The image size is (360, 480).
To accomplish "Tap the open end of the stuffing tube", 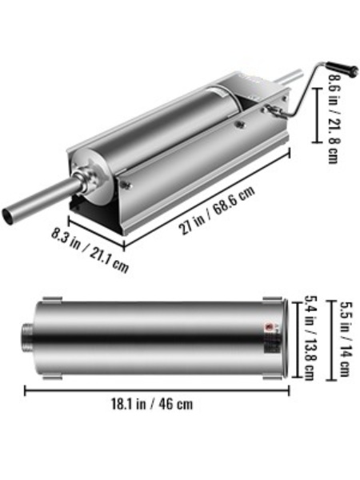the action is click(x=8, y=216).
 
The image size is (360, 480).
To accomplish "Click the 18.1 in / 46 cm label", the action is click(x=152, y=404).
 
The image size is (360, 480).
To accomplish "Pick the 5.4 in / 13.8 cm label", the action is click(x=309, y=338).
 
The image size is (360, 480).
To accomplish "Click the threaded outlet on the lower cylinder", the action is click(x=27, y=338).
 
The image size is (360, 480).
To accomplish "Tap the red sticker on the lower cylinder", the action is click(x=270, y=326).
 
